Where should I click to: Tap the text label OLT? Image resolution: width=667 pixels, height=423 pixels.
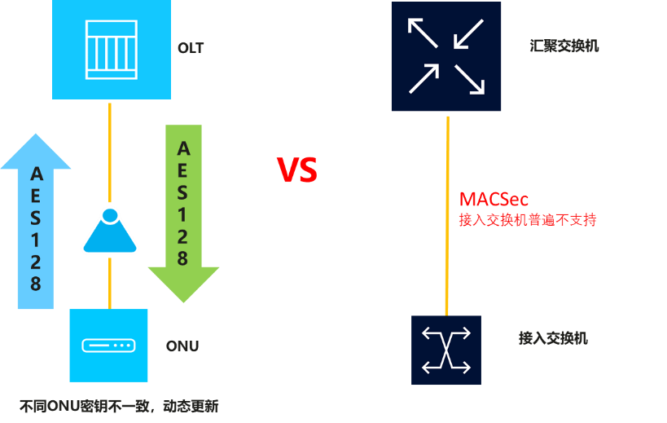[x=191, y=48]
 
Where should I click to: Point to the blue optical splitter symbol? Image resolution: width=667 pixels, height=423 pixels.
[x=109, y=231]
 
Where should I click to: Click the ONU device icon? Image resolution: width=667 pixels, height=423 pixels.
[x=109, y=345]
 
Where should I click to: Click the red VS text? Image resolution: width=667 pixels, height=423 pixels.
[x=297, y=170]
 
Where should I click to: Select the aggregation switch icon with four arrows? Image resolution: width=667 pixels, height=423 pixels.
[x=445, y=56]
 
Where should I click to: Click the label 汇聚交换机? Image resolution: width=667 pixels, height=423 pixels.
[x=564, y=46]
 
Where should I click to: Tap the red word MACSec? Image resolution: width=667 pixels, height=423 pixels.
[x=494, y=199]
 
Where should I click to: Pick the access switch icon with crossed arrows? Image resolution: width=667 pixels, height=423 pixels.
[x=445, y=350]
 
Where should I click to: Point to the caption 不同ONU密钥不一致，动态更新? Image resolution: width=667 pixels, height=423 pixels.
[x=119, y=405]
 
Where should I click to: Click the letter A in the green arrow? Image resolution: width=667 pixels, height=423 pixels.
[x=183, y=148]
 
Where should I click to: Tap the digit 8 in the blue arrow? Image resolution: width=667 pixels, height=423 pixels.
[x=36, y=284]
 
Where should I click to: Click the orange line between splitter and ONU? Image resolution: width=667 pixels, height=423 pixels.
[x=109, y=282]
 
